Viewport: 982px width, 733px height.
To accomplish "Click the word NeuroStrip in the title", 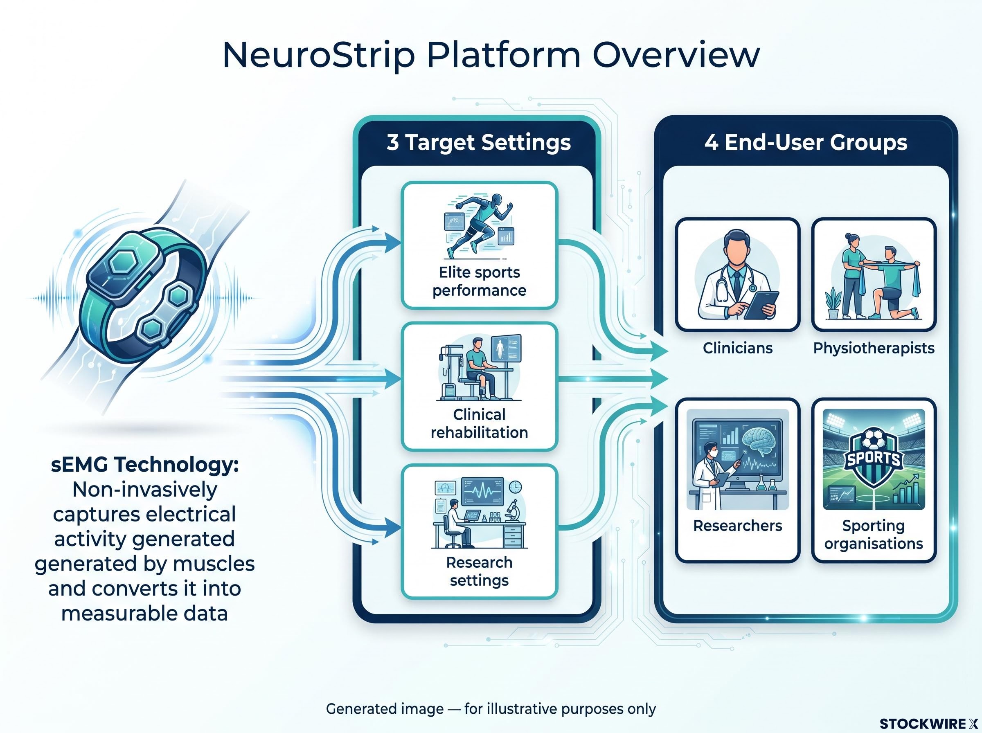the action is pyautogui.click(x=318, y=55).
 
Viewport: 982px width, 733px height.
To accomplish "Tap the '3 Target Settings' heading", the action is pyautogui.click(x=478, y=142).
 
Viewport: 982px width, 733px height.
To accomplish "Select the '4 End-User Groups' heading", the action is pyautogui.click(x=805, y=142).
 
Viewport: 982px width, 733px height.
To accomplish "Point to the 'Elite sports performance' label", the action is pyautogui.click(x=479, y=281).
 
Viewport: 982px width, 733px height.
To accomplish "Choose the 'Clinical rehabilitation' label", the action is pyautogui.click(x=479, y=423).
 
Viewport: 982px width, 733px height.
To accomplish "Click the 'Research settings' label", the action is pyautogui.click(x=479, y=571).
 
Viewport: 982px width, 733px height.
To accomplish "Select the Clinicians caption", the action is pyautogui.click(x=737, y=348).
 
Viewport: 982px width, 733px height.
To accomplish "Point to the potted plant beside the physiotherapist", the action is pyautogui.click(x=833, y=303).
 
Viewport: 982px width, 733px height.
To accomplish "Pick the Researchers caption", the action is pyautogui.click(x=737, y=525).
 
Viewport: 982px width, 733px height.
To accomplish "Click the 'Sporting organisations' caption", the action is pyautogui.click(x=874, y=535).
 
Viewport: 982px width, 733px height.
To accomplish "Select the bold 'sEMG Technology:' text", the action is pyautogui.click(x=145, y=465).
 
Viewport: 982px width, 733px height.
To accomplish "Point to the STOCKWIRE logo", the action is pyautogui.click(x=929, y=724).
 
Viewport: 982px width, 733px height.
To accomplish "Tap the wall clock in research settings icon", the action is pyautogui.click(x=515, y=487).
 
